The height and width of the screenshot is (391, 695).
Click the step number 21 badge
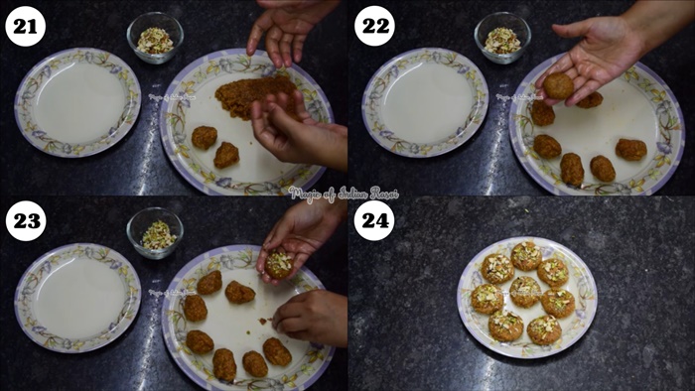[25, 26]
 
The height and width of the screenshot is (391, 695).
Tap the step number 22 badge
[374, 26]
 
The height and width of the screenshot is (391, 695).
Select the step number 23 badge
[25, 220]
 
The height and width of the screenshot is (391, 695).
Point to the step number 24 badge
[374, 220]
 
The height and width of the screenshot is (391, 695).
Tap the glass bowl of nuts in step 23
[155, 233]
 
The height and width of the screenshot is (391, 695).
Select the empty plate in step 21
[77, 102]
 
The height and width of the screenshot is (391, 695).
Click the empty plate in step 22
[425, 102]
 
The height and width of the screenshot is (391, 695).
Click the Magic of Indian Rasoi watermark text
[344, 193]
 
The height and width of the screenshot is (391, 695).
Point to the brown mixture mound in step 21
[253, 94]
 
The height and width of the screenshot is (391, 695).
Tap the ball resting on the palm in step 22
[558, 86]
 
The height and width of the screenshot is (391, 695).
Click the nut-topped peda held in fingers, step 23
[280, 264]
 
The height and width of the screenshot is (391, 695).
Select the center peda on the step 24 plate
[524, 291]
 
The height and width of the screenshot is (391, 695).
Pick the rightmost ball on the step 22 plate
[630, 149]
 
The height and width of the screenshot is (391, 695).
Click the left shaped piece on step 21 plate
[205, 137]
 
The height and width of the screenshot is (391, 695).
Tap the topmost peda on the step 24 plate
[526, 255]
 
